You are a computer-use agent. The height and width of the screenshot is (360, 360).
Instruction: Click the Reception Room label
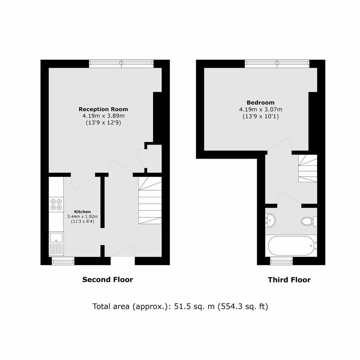(x=103, y=109)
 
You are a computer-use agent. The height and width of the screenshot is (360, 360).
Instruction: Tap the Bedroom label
(x=260, y=103)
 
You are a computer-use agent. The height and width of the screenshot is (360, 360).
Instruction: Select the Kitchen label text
(x=82, y=212)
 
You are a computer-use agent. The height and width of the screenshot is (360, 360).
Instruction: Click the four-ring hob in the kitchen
(x=56, y=205)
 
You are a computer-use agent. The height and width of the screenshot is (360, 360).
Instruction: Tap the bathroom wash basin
(x=270, y=220)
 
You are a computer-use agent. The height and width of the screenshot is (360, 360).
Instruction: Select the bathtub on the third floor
(x=291, y=245)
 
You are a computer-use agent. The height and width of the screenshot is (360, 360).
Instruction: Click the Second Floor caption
(x=108, y=280)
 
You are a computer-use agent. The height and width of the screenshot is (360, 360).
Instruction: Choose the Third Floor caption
(x=289, y=280)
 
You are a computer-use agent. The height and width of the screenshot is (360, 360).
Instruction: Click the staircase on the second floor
(x=150, y=200)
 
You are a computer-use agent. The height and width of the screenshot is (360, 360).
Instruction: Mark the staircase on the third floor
(x=308, y=168)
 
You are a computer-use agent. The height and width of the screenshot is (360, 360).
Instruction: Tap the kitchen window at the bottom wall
(x=63, y=261)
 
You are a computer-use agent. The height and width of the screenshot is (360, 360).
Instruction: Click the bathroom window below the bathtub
(x=281, y=261)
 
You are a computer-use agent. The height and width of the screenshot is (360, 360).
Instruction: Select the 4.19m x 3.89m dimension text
(x=103, y=116)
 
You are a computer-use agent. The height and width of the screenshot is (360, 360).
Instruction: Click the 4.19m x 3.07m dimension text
(x=260, y=110)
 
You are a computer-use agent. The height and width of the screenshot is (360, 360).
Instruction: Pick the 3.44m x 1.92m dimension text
(x=82, y=216)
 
